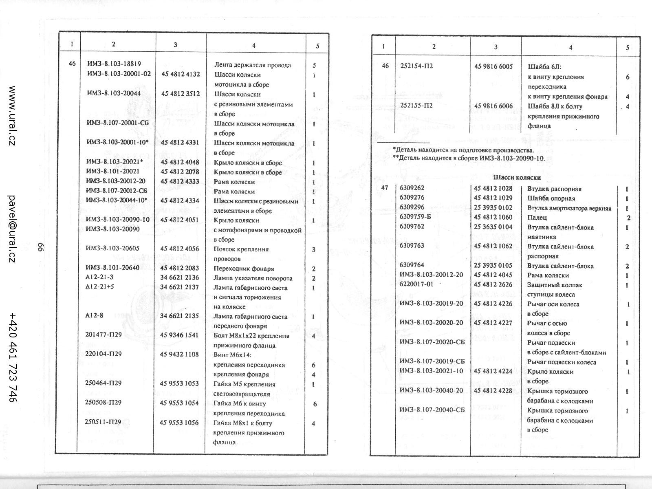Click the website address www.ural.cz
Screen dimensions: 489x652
click(12, 116)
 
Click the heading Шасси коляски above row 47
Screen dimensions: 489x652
click(517, 178)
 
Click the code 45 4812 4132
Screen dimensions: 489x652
click(181, 74)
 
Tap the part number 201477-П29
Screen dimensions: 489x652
click(104, 335)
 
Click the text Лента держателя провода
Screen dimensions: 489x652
click(253, 65)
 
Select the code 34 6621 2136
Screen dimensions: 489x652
click(180, 278)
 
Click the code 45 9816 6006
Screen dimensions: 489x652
click(493, 106)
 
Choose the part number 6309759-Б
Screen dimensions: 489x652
click(415, 217)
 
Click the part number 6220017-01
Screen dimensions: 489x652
click(416, 284)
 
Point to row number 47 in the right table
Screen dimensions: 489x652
click(384, 188)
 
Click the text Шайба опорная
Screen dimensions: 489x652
click(551, 198)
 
